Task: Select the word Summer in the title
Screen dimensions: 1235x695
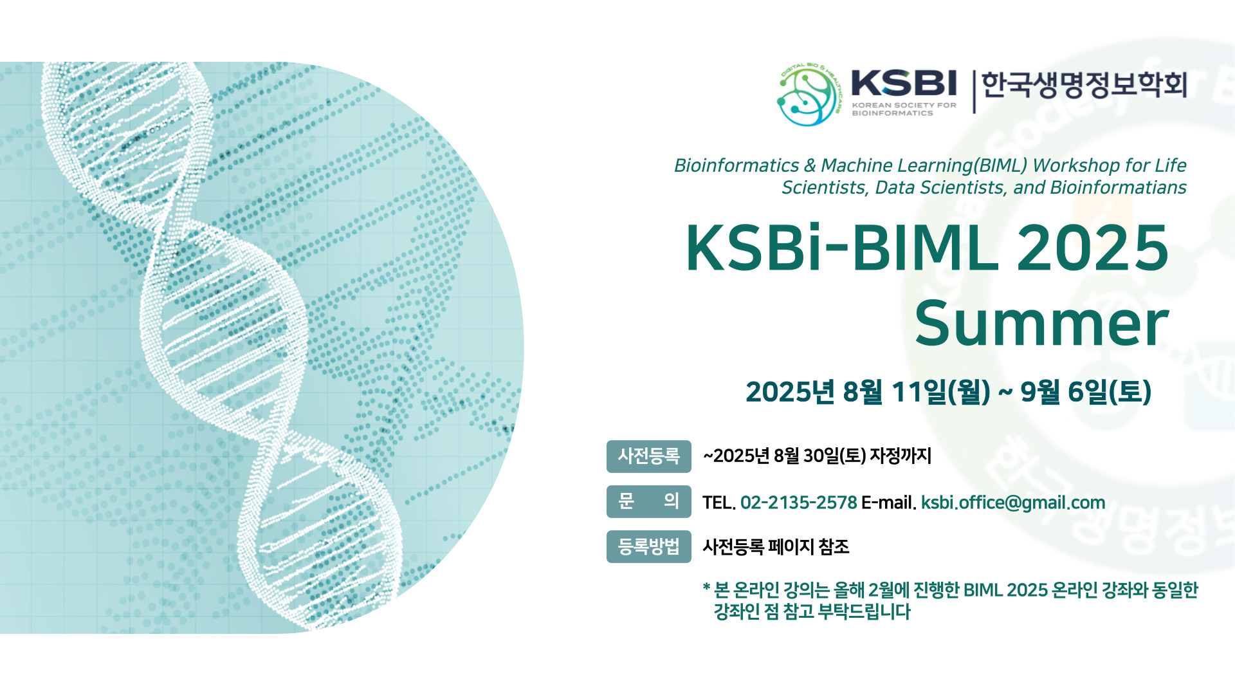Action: [x=1041, y=324]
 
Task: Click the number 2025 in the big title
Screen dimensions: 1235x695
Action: [x=1092, y=248]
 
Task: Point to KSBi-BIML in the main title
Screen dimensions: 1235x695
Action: [x=842, y=248]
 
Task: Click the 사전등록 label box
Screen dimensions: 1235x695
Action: [x=648, y=456]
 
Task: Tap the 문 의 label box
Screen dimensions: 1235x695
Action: [x=648, y=501]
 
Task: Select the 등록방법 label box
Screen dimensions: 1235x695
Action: [x=648, y=546]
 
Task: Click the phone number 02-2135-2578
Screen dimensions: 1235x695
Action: [x=798, y=503]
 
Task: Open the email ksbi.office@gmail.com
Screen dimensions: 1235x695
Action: [x=1013, y=503]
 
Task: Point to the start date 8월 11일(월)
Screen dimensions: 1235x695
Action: [x=917, y=392]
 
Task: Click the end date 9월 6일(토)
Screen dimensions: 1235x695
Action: [x=1086, y=392]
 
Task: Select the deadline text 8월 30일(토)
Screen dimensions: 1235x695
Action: [x=820, y=456]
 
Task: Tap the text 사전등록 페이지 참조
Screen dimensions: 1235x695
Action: [x=776, y=547]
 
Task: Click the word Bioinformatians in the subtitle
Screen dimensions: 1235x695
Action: [x=1118, y=188]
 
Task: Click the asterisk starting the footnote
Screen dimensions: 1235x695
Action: [x=706, y=587]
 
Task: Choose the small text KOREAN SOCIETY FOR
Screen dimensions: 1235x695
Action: [x=904, y=105]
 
